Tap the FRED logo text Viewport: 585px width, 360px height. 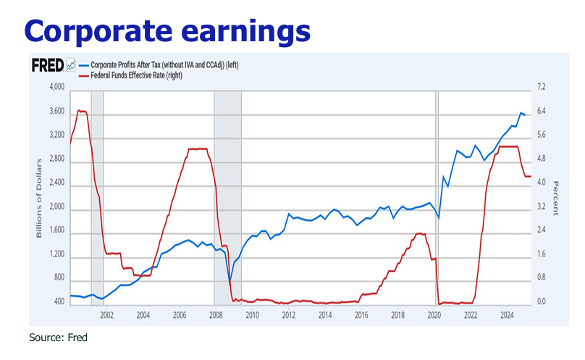48,65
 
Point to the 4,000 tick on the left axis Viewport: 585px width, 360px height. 56,88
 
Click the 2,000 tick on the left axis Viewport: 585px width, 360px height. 56,206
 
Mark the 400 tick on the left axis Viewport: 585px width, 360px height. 59,301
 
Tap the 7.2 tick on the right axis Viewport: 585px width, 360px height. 542,88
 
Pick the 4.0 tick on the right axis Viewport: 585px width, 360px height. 542,183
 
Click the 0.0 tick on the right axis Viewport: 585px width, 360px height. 542,301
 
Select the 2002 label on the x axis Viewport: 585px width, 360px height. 106,315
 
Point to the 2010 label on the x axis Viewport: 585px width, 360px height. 252,315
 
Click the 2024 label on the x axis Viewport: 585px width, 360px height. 508,315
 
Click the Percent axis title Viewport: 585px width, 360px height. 555,199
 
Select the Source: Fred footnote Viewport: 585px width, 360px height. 58,338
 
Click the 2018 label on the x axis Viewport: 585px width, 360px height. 398,315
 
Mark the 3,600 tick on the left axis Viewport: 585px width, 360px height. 56,112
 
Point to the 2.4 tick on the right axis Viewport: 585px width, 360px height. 542,230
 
